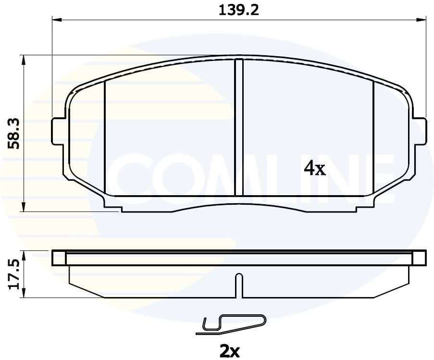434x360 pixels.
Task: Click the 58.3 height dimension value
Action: pyautogui.click(x=15, y=134)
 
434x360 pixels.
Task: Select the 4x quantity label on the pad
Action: pyautogui.click(x=315, y=168)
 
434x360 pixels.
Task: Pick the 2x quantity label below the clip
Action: pyautogui.click(x=229, y=351)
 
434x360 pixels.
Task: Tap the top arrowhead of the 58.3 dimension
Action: pyautogui.click(x=24, y=58)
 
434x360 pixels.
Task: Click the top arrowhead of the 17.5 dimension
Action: pyautogui.click(x=24, y=253)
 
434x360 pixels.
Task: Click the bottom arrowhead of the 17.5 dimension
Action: pyautogui.click(x=24, y=295)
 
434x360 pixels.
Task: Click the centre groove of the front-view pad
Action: pyautogui.click(x=239, y=127)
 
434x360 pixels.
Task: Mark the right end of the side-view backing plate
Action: pyautogui.click(x=419, y=258)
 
